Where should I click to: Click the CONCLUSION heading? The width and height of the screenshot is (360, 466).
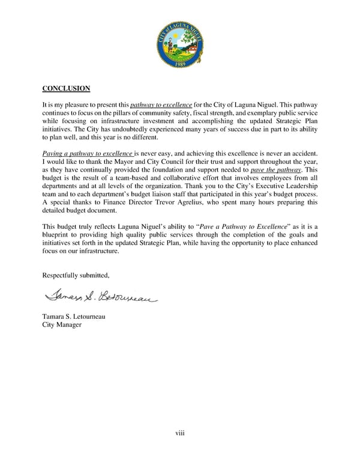(66, 89)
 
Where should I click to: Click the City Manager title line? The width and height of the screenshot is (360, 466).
(62, 325)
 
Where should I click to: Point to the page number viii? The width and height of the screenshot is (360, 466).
(179, 433)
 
